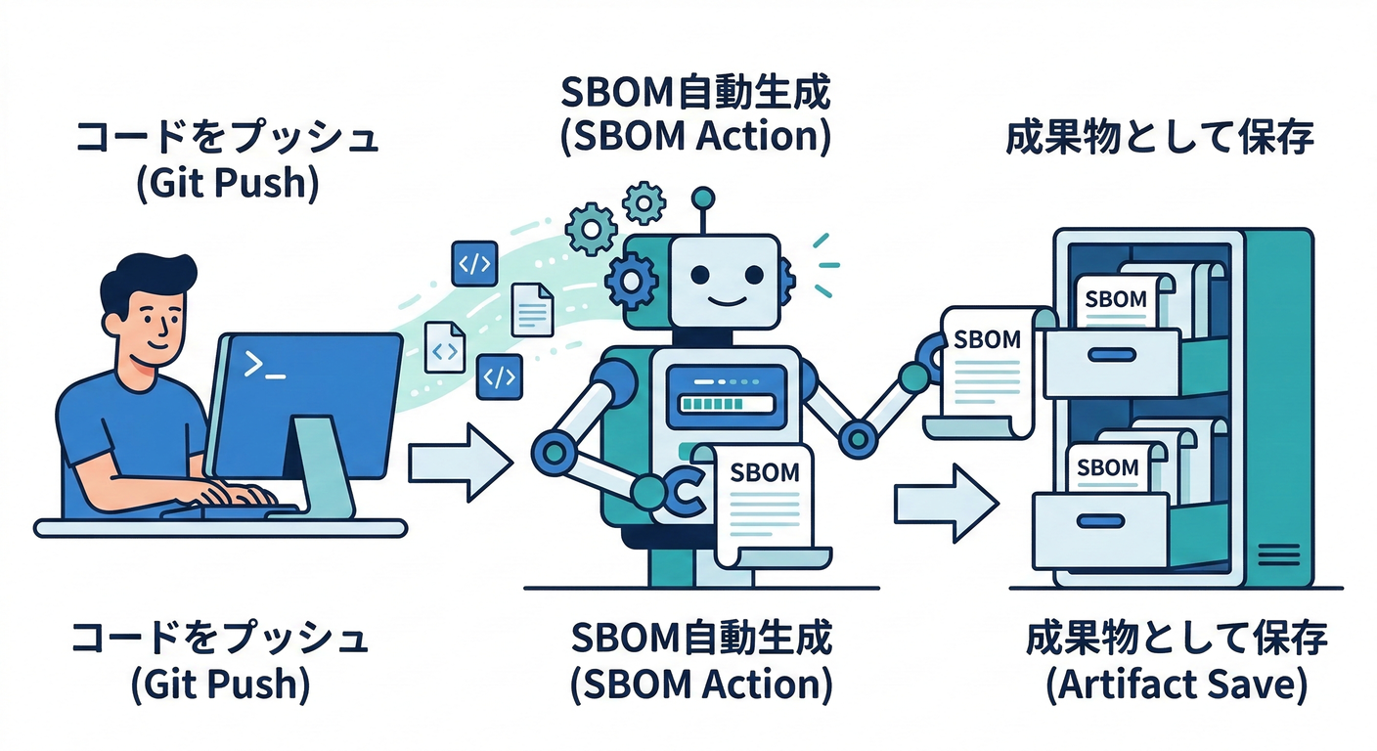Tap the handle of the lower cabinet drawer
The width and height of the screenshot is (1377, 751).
1099,519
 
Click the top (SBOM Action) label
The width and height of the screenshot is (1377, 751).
695,136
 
